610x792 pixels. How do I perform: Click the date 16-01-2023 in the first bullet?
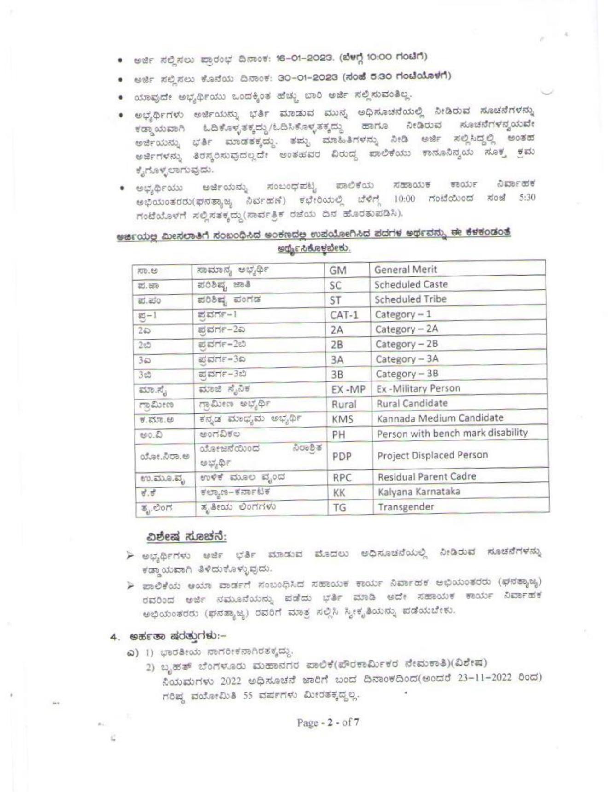304,58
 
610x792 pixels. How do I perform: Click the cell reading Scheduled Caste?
411,285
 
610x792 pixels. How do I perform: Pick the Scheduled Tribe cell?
410,299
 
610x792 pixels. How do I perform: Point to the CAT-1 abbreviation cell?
344,315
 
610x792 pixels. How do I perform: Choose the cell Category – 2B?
407,344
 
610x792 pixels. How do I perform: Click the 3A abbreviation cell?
337,360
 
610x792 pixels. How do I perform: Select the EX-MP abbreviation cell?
348,390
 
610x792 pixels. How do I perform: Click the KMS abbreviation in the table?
343,419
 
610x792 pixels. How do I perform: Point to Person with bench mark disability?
452,434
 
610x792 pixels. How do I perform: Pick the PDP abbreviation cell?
342,456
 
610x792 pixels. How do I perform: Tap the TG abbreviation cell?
339,508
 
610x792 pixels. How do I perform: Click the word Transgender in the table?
406,507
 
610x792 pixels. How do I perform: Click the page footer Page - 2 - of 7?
328,722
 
